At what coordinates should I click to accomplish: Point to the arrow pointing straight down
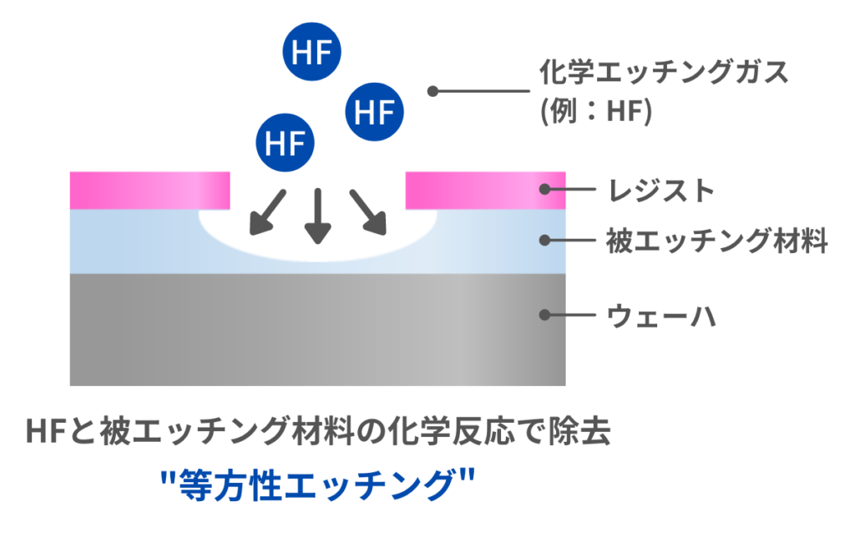(316, 215)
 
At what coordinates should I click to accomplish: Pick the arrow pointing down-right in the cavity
(368, 212)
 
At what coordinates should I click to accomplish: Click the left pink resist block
(149, 190)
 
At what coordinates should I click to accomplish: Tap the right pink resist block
(485, 190)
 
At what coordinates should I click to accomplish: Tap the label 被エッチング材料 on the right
(716, 241)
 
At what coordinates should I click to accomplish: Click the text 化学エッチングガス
(665, 74)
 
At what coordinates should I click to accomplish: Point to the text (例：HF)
(595, 112)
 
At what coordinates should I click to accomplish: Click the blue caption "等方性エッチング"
(316, 485)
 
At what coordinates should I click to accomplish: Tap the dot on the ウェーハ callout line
(544, 316)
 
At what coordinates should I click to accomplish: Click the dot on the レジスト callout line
(544, 189)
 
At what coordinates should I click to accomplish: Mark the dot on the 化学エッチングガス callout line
(433, 91)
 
